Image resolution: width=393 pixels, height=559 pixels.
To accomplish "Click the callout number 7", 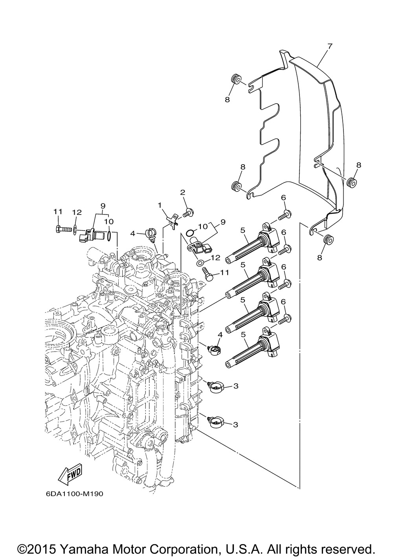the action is (x=330, y=46).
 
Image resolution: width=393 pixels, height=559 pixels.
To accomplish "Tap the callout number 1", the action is (x=159, y=205).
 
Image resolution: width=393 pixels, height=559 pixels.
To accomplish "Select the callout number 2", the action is (x=183, y=192).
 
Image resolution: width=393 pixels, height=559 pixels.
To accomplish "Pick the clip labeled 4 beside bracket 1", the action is (x=151, y=235).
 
